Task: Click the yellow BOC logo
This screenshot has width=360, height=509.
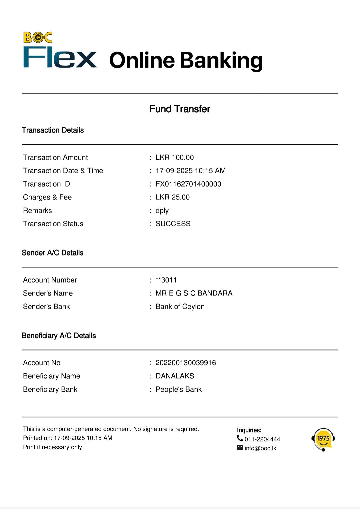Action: [38, 37]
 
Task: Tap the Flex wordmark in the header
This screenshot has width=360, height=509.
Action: [60, 58]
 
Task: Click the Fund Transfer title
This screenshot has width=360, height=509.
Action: [180, 109]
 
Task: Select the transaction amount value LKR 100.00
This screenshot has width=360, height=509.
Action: [175, 158]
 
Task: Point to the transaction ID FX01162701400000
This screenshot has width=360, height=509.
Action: [188, 184]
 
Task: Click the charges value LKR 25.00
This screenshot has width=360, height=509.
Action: [173, 197]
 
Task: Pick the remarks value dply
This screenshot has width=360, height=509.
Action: [162, 211]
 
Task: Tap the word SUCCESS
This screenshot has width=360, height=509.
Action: [173, 224]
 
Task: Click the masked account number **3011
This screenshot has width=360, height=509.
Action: [166, 280]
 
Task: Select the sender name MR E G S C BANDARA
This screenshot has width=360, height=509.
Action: [194, 293]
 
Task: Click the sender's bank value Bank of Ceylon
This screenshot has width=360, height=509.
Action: [180, 307]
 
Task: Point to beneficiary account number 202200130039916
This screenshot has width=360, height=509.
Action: [186, 363]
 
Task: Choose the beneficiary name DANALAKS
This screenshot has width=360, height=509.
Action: [175, 376]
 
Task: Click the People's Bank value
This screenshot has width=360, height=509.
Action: [179, 389]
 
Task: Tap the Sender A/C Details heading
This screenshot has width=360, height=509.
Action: [53, 253]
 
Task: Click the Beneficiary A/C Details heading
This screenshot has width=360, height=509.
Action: [59, 336]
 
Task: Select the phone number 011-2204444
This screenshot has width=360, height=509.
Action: [262, 439]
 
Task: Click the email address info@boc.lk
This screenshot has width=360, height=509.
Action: [260, 448]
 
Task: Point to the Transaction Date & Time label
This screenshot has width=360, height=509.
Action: [63, 171]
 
